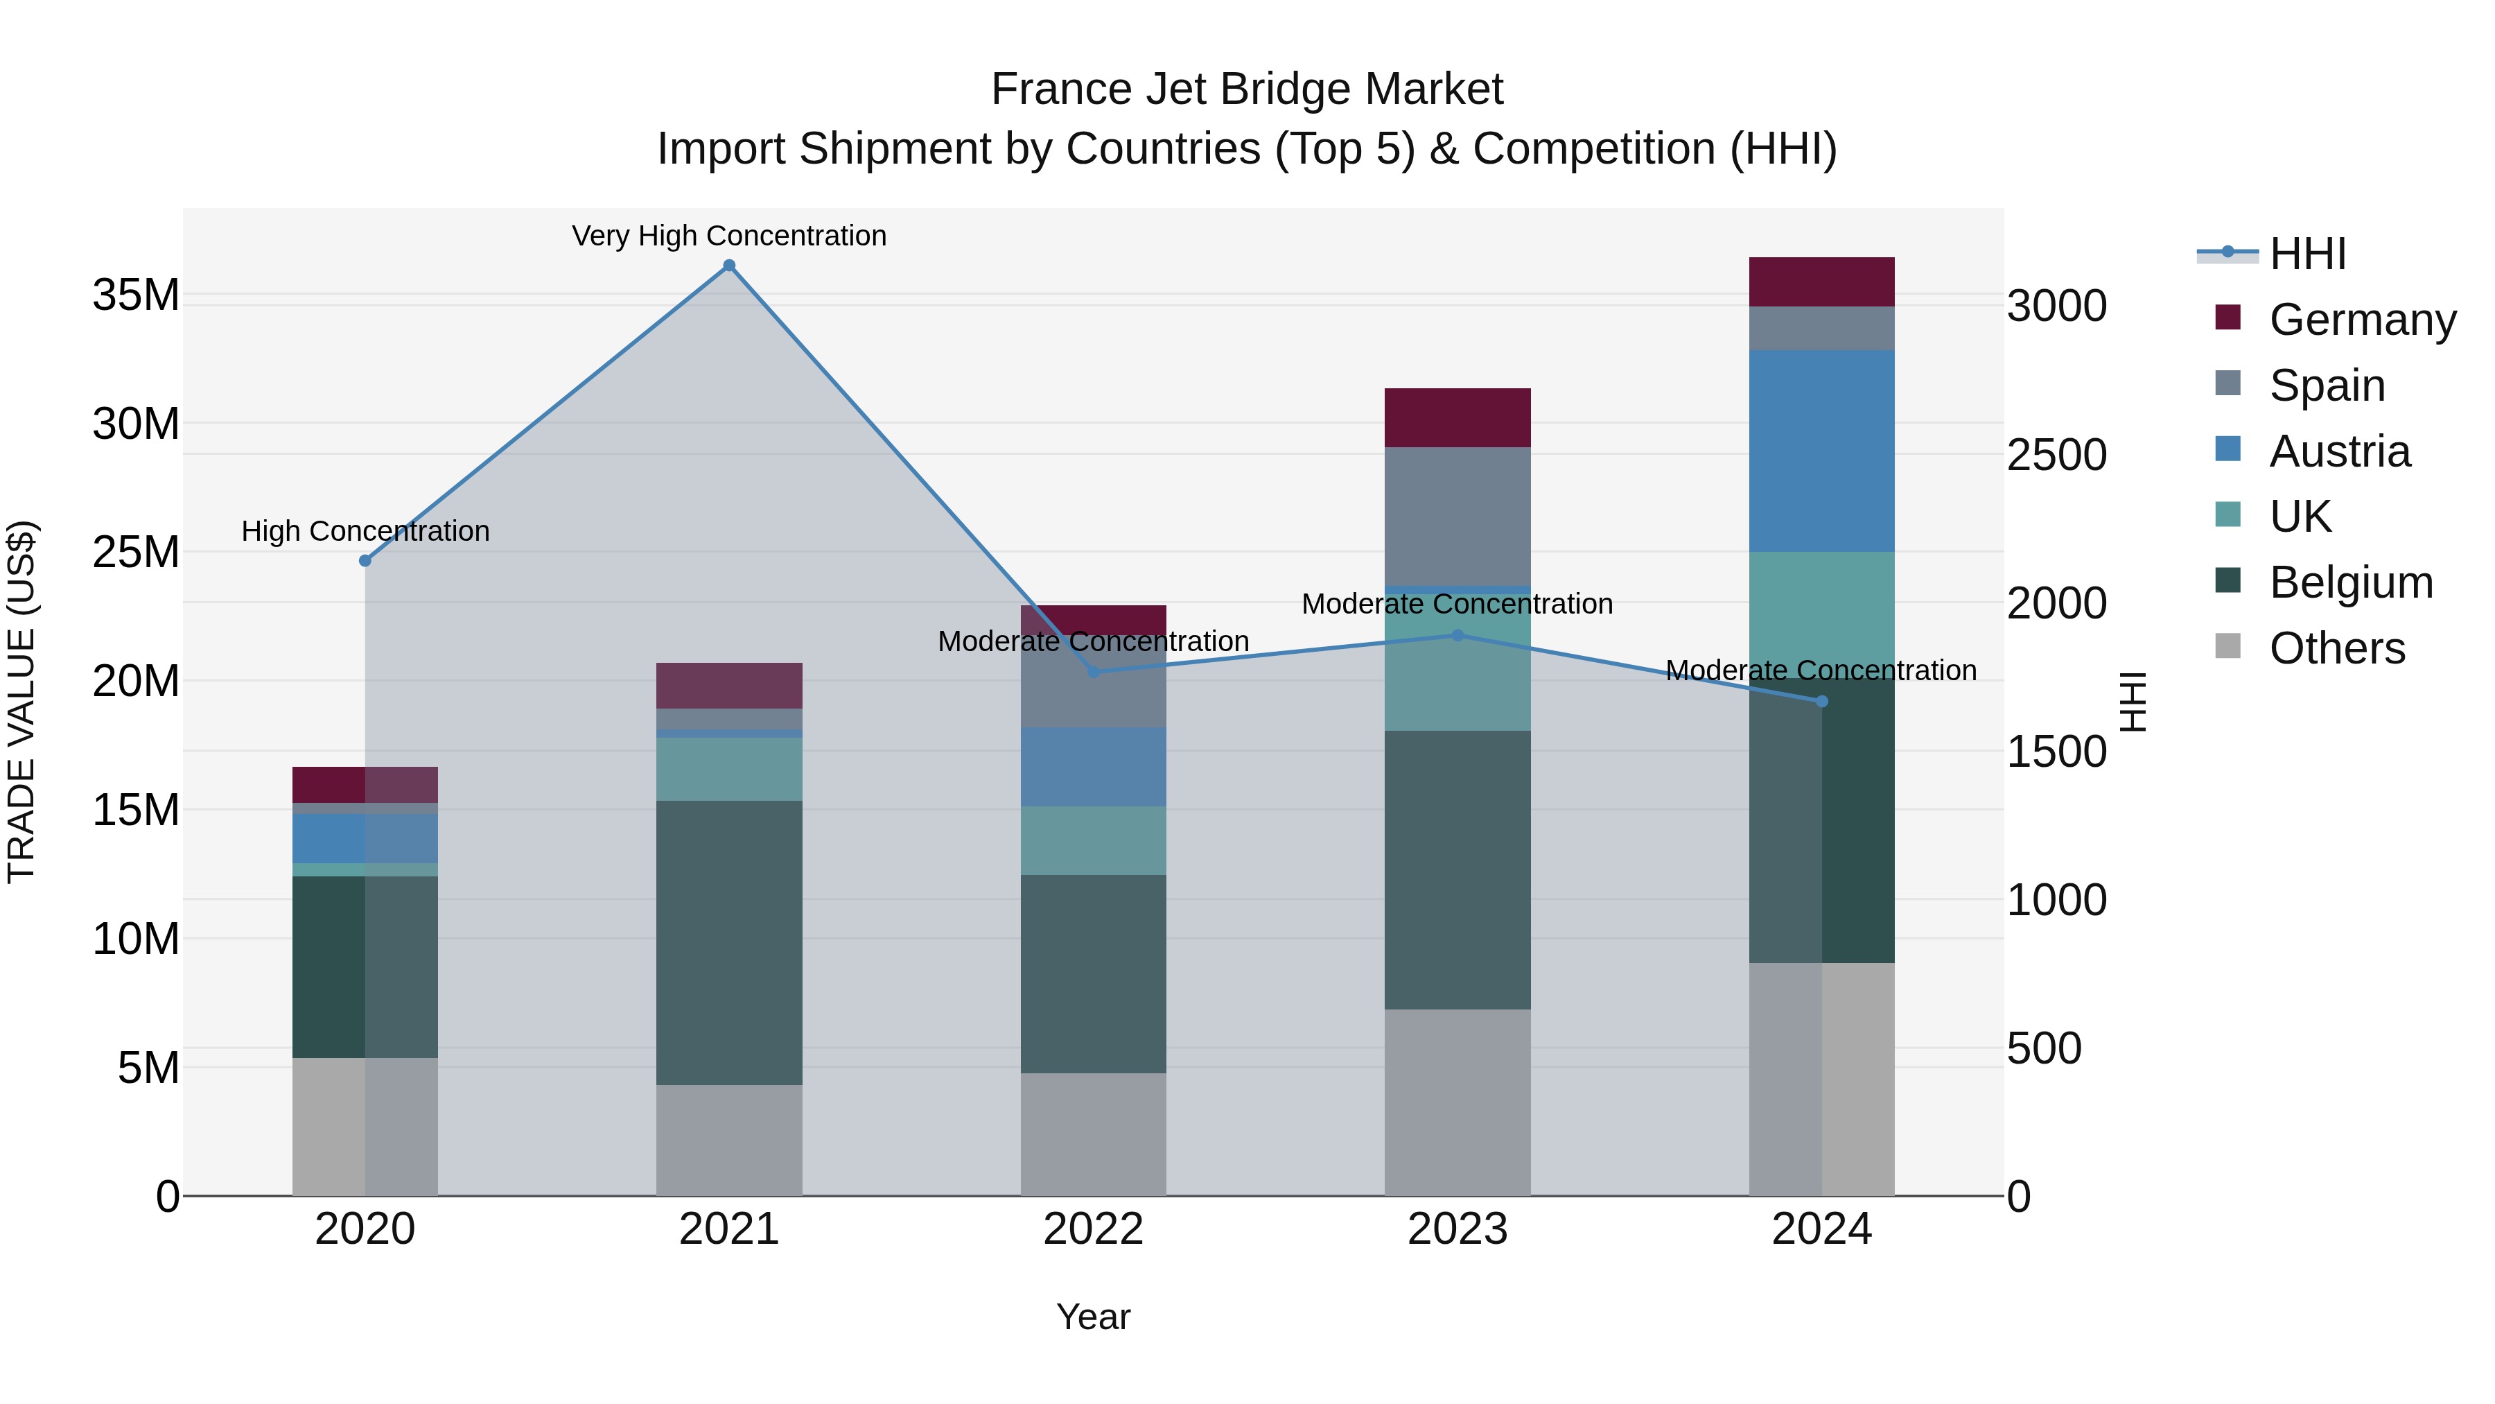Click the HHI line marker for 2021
tap(729, 266)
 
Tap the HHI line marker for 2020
tap(365, 561)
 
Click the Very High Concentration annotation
tap(729, 236)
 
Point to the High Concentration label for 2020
tap(365, 531)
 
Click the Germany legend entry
tap(2361, 320)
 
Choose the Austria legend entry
tap(2339, 451)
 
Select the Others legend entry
tap(2336, 648)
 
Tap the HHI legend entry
tap(2307, 254)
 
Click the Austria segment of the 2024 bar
tap(1822, 451)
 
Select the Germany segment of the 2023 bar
tap(1457, 417)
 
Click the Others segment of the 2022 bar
tap(1094, 1134)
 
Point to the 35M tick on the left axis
tap(136, 295)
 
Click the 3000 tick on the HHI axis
tap(2056, 306)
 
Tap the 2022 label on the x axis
tap(1094, 1229)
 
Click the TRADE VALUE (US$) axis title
tap(21, 702)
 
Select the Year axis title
tap(1094, 1317)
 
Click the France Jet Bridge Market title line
tap(1247, 89)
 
